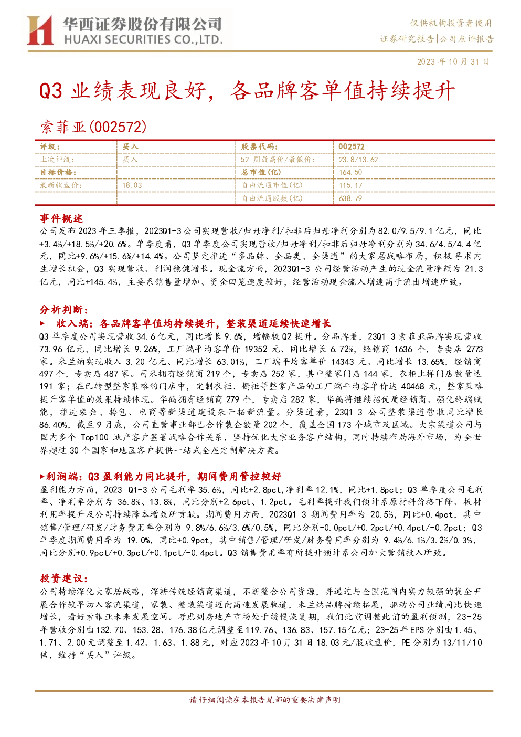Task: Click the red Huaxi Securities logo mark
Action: click(x=40, y=30)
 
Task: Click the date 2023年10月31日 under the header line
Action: click(x=453, y=61)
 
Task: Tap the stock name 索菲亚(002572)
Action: click(x=93, y=127)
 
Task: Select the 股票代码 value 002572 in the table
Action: click(x=352, y=147)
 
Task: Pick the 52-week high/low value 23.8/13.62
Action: click(x=358, y=160)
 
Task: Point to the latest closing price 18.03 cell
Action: click(x=132, y=185)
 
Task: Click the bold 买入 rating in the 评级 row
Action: click(x=130, y=147)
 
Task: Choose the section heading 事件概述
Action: click(x=61, y=218)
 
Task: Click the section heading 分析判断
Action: click(x=64, y=310)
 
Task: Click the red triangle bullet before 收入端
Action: click(x=42, y=323)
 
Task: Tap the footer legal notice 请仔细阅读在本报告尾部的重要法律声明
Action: click(x=265, y=700)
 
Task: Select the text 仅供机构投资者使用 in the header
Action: click(x=451, y=23)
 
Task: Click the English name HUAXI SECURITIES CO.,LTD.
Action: click(x=143, y=39)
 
